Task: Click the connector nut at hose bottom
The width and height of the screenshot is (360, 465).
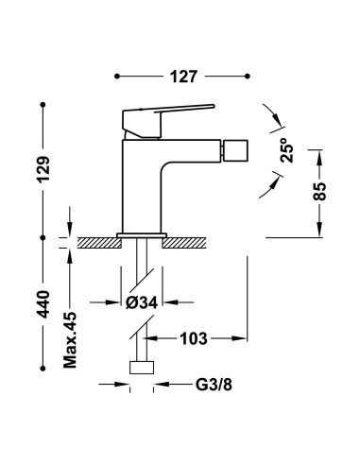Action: click(141, 370)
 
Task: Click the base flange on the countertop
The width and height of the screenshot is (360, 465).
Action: click(141, 233)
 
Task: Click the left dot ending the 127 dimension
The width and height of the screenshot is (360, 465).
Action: click(117, 73)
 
